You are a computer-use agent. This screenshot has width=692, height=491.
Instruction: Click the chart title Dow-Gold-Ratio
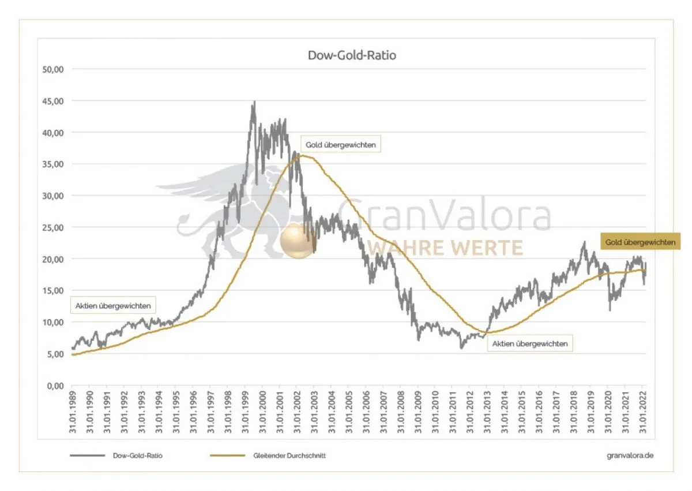pyautogui.click(x=351, y=56)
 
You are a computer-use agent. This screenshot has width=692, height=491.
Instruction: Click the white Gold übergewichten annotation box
pyautogui.click(x=341, y=145)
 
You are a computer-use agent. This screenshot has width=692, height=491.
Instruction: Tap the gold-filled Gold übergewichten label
pyautogui.click(x=640, y=242)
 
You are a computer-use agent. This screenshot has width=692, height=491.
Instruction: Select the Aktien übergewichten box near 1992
pyautogui.click(x=112, y=305)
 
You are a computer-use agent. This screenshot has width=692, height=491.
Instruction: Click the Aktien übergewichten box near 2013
pyautogui.click(x=531, y=344)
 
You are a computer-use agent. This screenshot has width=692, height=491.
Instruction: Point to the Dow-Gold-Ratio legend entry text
pyautogui.click(x=137, y=455)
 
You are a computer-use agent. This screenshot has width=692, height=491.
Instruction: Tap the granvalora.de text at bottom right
pyautogui.click(x=630, y=455)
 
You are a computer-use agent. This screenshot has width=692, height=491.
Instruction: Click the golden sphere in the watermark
pyautogui.click(x=297, y=241)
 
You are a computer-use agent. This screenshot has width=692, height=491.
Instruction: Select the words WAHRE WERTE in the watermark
pyautogui.click(x=445, y=248)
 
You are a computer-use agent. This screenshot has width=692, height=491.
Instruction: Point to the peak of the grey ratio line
pyautogui.click(x=254, y=103)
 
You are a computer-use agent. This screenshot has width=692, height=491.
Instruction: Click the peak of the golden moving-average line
pyautogui.click(x=302, y=155)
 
